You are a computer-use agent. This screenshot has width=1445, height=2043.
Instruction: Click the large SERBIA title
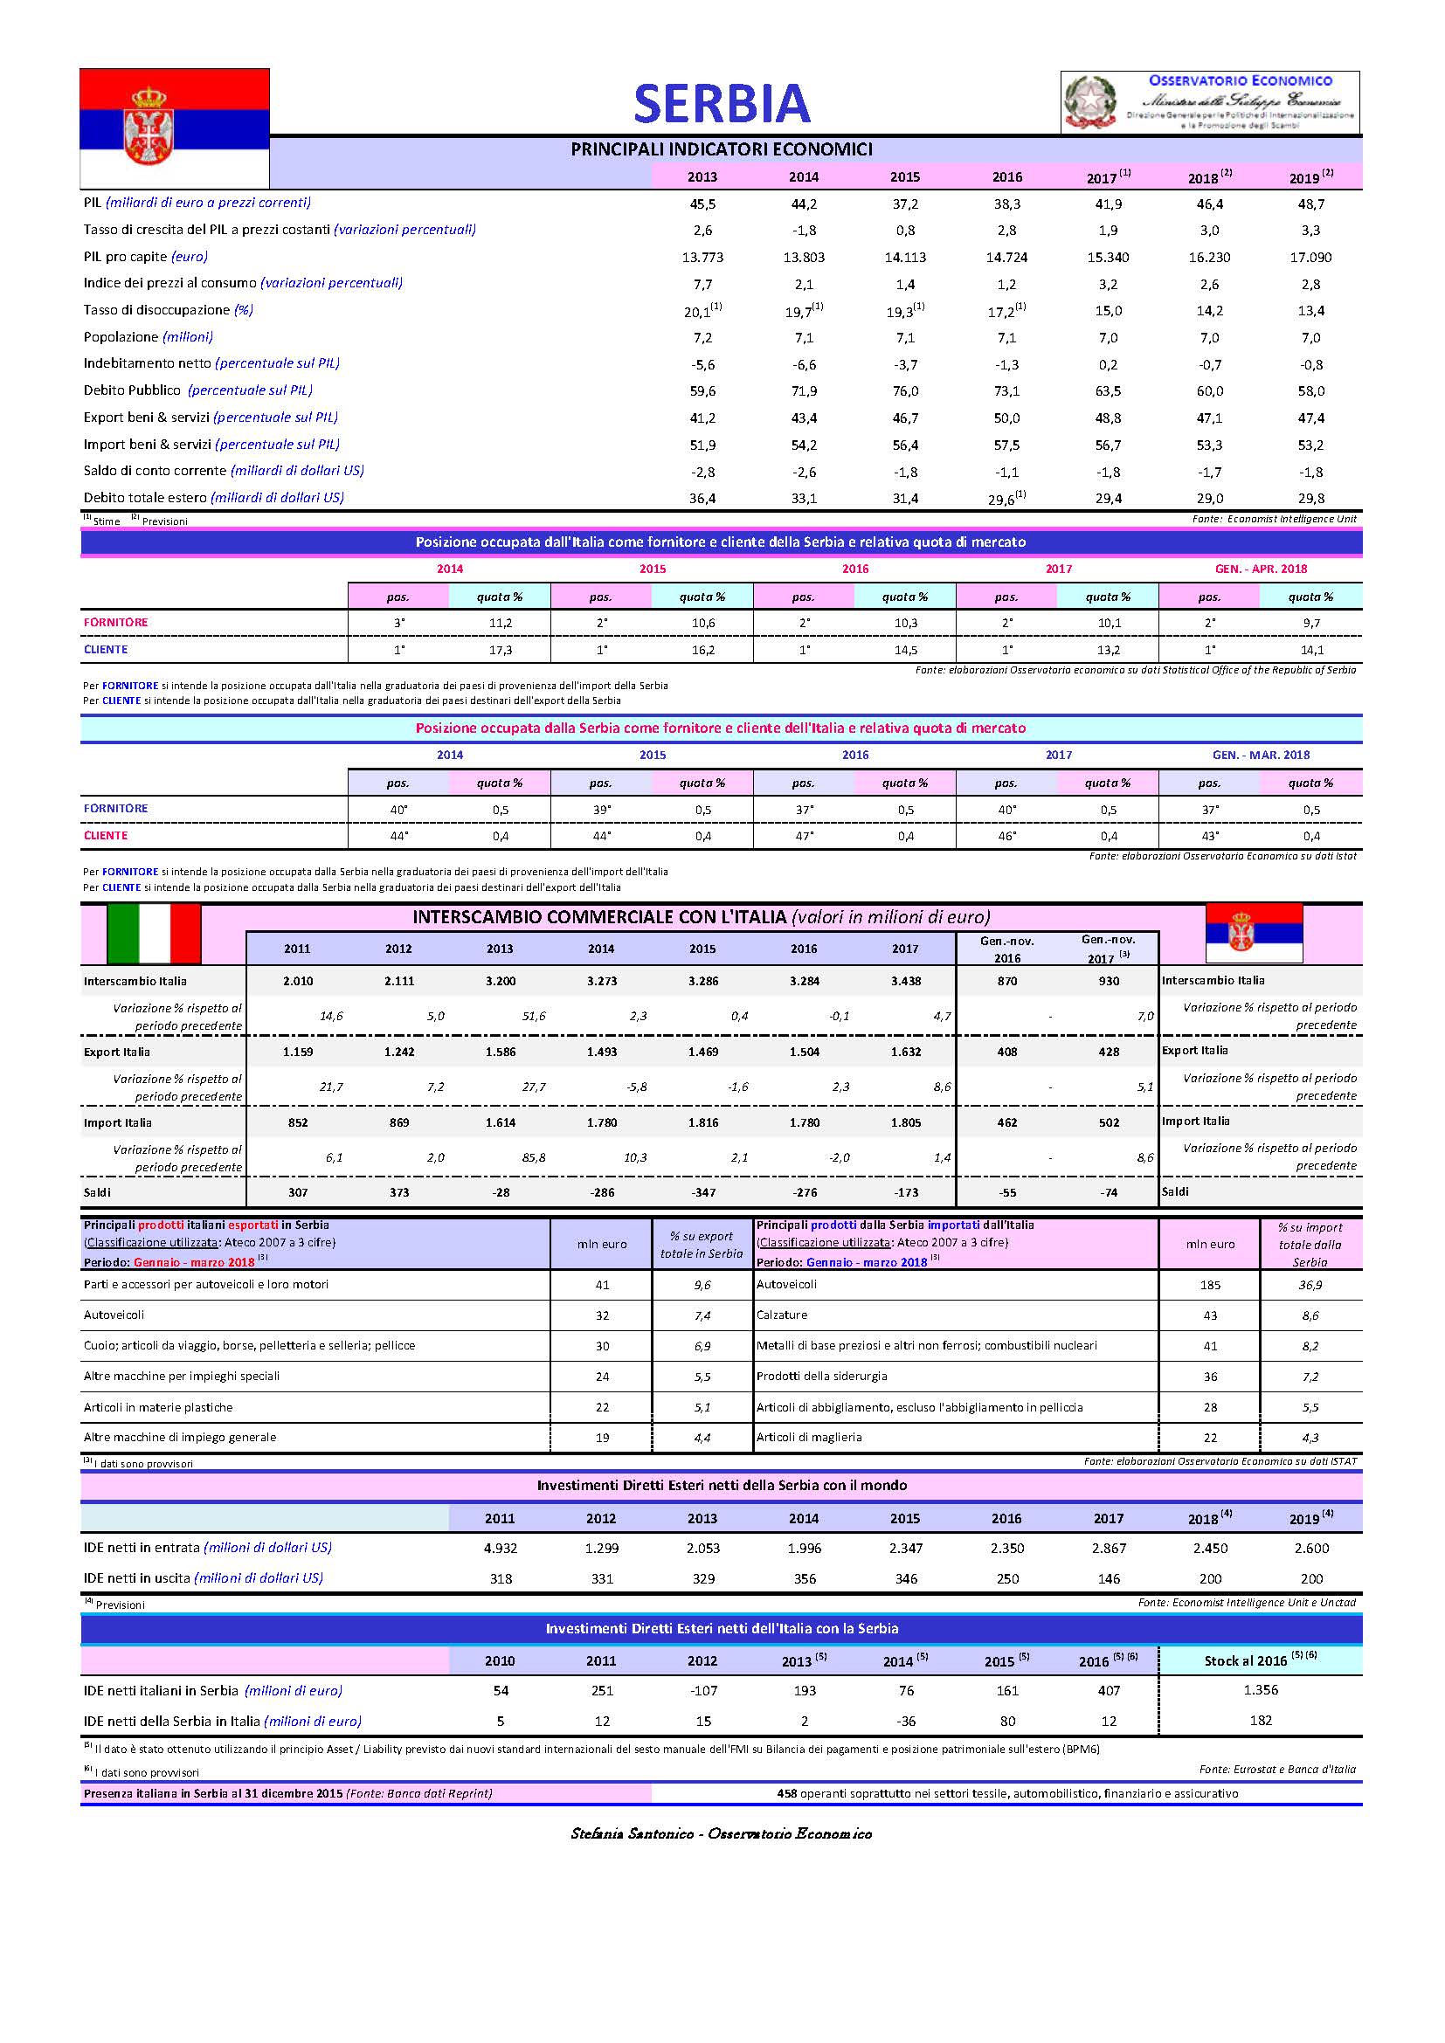point(722,104)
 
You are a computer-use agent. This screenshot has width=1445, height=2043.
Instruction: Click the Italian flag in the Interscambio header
point(154,934)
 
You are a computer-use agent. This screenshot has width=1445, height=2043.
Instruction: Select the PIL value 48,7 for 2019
point(1310,204)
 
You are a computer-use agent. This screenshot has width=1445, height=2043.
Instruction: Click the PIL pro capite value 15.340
point(1108,257)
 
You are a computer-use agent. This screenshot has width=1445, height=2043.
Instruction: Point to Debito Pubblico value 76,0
point(905,390)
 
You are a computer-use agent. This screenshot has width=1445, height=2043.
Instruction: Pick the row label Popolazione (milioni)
point(148,337)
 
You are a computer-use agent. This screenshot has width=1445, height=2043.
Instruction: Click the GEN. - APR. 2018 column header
point(1261,569)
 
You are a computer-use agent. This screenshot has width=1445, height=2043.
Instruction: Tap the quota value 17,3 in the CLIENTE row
point(500,650)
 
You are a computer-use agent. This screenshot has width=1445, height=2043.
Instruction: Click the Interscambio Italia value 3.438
point(905,981)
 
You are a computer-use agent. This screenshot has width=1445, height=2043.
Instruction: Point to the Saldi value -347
point(702,1192)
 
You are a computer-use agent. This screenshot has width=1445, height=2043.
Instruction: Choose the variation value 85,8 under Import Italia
point(534,1157)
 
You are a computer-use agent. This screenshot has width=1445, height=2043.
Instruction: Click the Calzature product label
point(781,1315)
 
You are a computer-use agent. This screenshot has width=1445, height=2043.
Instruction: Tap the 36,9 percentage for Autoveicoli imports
point(1310,1285)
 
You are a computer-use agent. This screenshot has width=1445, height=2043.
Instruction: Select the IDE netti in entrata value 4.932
point(500,1549)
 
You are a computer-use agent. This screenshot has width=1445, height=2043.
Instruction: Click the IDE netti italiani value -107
point(702,1691)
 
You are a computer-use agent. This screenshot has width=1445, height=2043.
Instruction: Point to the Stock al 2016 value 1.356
point(1260,1690)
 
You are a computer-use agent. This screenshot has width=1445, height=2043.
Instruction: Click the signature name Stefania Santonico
point(632,1833)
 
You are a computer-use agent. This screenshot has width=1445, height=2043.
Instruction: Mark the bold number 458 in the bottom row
point(786,1793)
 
